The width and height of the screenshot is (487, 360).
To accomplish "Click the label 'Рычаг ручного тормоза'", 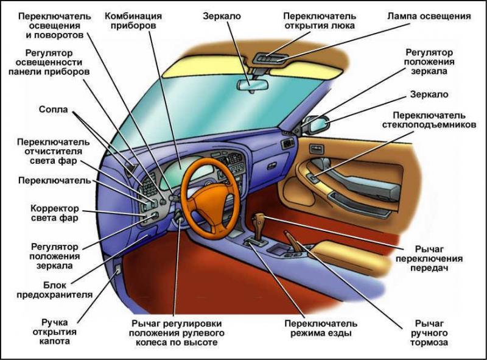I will tap(430, 333).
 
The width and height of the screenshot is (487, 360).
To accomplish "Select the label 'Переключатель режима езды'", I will tap(321, 328).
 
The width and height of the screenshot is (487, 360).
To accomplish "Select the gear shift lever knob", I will tap(258, 219).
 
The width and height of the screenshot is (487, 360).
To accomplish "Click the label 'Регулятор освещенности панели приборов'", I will tap(50, 62).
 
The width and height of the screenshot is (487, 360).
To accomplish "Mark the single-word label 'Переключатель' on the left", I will tap(54, 181).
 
